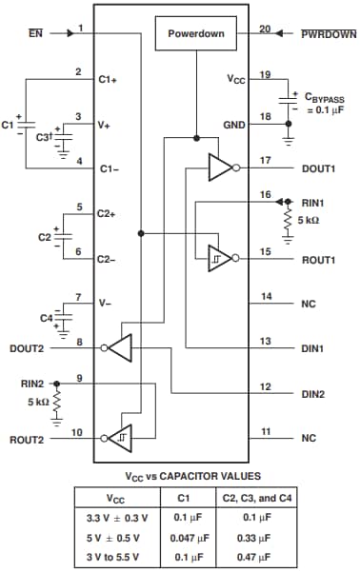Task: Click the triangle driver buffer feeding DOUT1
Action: click(x=220, y=168)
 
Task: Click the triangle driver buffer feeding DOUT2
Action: click(x=120, y=349)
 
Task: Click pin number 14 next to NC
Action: click(x=266, y=297)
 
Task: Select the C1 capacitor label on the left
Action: click(x=9, y=124)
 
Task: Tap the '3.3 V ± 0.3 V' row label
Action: click(x=112, y=519)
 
